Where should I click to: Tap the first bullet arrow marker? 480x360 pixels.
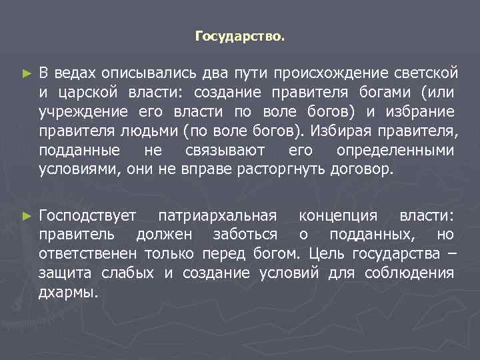(x=26, y=71)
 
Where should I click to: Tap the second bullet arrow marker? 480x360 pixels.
(x=26, y=215)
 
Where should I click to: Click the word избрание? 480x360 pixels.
(x=420, y=110)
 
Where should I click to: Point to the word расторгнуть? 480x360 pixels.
(x=281, y=168)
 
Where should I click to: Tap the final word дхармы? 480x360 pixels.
(x=68, y=293)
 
